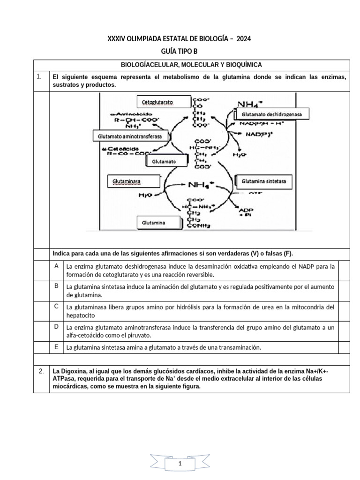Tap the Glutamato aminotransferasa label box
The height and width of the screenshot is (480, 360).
(129, 136)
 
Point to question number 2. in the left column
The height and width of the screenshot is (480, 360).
(41, 371)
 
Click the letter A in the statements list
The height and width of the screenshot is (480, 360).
(56, 266)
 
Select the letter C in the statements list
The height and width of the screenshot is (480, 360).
(56, 306)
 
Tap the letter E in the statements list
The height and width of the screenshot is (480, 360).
(56, 346)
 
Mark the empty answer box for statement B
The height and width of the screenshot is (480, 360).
(344, 290)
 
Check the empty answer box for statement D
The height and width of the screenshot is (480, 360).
(344, 330)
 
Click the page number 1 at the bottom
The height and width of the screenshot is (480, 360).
(180, 463)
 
